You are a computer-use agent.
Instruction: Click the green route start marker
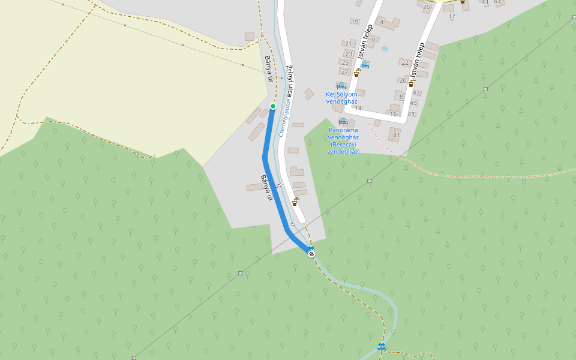[x=273, y=106]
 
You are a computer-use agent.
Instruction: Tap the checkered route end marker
[x=311, y=254]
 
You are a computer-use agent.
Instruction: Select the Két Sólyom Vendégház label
[x=341, y=98]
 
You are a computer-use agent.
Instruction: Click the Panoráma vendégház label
[x=343, y=140]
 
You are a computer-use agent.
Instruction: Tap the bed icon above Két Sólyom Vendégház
[x=341, y=86]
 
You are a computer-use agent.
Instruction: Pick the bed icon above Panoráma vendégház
[x=343, y=122]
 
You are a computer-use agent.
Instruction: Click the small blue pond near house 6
[x=385, y=49]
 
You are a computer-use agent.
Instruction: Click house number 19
[x=355, y=22]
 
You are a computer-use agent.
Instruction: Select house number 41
[x=397, y=136]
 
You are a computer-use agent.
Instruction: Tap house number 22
[x=405, y=62]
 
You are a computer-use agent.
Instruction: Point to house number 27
[x=345, y=71]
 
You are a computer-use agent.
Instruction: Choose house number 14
[x=358, y=109]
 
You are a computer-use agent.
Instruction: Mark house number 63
[x=497, y=2]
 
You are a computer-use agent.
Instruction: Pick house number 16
[x=394, y=114]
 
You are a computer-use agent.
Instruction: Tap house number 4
[x=382, y=22]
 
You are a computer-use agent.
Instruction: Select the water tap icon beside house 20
[x=411, y=84]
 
